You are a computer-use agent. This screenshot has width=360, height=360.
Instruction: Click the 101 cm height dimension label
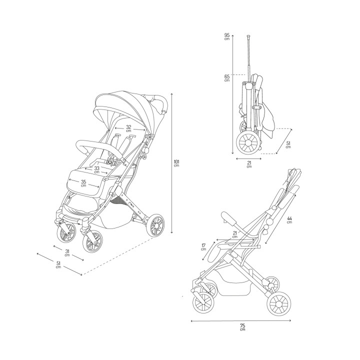(176, 163)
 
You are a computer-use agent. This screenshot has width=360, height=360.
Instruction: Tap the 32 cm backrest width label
(128, 128)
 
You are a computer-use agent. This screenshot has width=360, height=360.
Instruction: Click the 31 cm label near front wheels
(67, 252)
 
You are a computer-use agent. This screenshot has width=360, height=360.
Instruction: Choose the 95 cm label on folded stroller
(227, 36)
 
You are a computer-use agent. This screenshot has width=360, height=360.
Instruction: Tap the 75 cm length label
(242, 326)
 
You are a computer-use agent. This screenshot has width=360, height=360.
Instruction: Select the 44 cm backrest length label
(289, 220)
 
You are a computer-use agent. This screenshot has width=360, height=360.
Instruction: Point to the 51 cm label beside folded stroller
(288, 145)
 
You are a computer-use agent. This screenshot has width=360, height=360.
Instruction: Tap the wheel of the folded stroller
(247, 143)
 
